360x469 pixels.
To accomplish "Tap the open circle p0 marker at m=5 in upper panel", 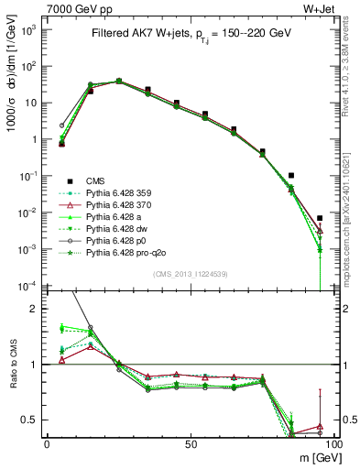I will [x=61, y=125].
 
